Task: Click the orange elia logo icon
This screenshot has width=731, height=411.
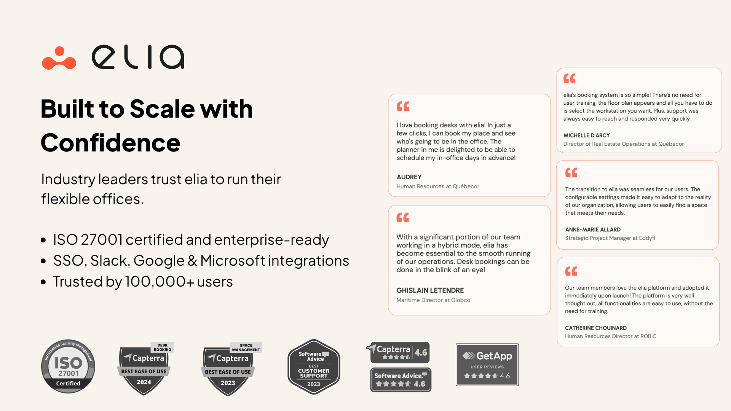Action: (59, 58)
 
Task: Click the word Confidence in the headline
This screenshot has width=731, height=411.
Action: (110, 143)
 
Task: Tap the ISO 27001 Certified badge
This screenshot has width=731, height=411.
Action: (68, 366)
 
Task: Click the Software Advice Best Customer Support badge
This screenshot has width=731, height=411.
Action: (314, 367)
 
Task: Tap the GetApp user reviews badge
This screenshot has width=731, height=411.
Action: (487, 365)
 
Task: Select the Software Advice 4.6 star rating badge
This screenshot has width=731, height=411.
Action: (401, 380)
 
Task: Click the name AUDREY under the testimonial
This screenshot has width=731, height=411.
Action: (409, 177)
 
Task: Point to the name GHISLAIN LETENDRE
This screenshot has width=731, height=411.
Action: (430, 290)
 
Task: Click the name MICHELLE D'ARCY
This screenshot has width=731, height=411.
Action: (587, 135)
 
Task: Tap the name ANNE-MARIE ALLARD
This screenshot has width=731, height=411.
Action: (593, 229)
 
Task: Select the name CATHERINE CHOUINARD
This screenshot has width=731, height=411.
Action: (596, 328)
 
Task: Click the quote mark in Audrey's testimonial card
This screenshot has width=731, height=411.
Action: (403, 107)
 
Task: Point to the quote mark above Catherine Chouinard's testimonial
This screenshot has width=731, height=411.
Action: (571, 271)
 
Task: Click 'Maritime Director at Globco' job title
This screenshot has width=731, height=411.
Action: (433, 300)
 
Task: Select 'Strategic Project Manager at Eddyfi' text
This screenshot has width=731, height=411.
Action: (610, 238)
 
